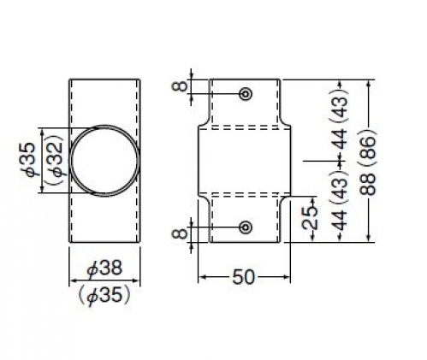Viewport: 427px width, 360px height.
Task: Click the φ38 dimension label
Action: tap(104, 269)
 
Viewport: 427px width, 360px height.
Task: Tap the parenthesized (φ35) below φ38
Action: tap(104, 294)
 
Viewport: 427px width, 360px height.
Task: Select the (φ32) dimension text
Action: tap(55, 160)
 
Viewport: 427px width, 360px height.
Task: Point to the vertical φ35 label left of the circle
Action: tap(28, 160)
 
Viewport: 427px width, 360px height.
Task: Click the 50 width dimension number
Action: tap(243, 277)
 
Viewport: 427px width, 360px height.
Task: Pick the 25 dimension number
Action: tap(310, 218)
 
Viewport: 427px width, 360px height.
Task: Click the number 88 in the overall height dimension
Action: tap(368, 184)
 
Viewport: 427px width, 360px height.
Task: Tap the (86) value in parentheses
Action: tap(368, 146)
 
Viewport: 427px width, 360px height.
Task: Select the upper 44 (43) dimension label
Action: tap(340, 120)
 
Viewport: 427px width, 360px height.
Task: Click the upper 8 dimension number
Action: tap(181, 86)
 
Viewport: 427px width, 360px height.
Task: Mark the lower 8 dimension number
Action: tap(181, 234)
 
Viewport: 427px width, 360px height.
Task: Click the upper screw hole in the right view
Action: tap(246, 94)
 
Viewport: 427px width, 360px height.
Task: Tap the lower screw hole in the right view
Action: tap(246, 227)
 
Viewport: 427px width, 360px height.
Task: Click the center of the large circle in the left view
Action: tap(104, 161)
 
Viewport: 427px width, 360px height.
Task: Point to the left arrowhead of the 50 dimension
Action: tap(202, 277)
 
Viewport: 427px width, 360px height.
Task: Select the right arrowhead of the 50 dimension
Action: tap(286, 277)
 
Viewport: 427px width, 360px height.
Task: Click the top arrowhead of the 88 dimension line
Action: tap(369, 84)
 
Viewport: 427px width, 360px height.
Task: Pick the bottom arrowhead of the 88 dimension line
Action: tap(369, 239)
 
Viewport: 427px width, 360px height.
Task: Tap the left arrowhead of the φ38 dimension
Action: tap(74, 280)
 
